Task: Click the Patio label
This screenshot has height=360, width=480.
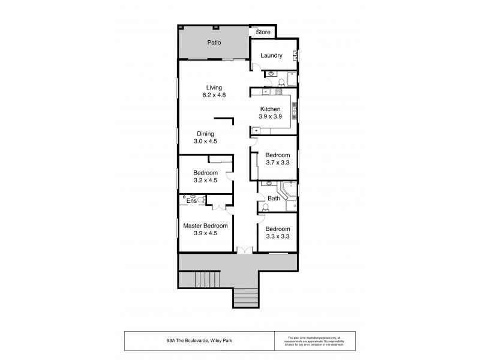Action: [214, 43]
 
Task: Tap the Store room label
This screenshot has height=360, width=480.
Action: [263, 32]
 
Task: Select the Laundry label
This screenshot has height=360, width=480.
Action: [271, 56]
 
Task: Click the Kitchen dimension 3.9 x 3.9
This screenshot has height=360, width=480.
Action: [270, 117]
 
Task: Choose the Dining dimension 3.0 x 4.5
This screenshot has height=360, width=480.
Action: [205, 141]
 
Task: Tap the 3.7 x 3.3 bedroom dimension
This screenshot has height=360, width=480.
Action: [278, 162]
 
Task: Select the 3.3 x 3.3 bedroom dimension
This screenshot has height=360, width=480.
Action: [277, 237]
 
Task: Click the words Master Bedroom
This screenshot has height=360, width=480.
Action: [205, 226]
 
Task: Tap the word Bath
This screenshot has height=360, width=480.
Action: [274, 198]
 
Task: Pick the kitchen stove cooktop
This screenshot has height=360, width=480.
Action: [294, 109]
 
